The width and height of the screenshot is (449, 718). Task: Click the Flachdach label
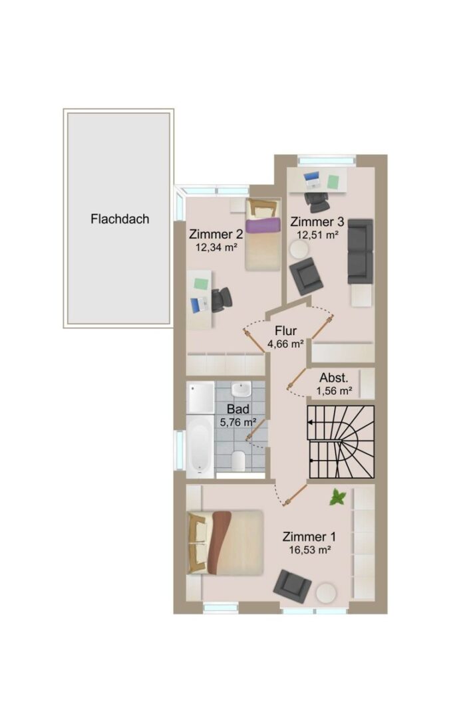tap(120, 219)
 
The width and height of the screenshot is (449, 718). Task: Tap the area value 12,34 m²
tap(216, 248)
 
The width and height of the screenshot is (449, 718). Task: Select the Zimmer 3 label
tap(317, 222)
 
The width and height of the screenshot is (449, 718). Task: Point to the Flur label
tap(286, 330)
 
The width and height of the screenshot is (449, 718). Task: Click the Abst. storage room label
tap(334, 378)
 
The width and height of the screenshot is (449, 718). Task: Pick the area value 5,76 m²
tap(237, 422)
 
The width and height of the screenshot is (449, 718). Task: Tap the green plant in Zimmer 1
tap(338, 497)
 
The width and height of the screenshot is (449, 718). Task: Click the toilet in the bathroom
tap(238, 461)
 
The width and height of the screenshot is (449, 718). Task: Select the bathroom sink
tap(241, 390)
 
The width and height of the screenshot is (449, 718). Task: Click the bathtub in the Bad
tap(200, 445)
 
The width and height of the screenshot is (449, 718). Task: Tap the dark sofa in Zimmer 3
tap(360, 251)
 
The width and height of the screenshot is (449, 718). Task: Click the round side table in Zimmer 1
tap(326, 593)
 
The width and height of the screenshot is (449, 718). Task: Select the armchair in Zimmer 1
tap(292, 586)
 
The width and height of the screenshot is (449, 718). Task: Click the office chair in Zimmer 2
tap(222, 299)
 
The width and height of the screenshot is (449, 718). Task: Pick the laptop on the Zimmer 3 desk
tap(312, 179)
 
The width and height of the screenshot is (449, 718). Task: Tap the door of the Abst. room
tap(297, 378)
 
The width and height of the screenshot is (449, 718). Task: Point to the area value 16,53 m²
tap(310, 550)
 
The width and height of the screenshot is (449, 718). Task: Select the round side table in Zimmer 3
tap(299, 250)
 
